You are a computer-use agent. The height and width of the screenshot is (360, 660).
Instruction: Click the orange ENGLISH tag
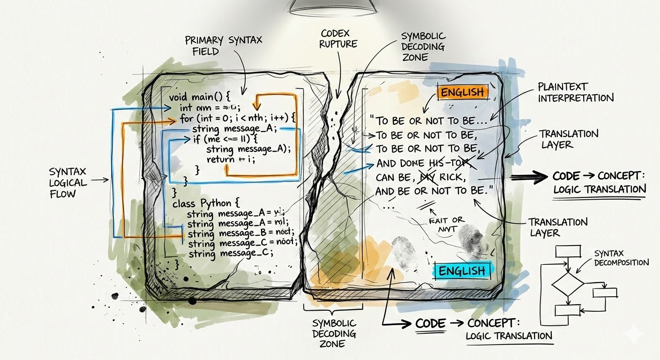pos(463,92)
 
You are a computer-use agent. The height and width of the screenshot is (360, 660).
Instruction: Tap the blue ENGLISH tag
pos(462,270)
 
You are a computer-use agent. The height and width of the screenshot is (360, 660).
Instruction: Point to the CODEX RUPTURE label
pos(338,39)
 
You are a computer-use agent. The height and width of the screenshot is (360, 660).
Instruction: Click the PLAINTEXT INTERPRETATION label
pos(575,92)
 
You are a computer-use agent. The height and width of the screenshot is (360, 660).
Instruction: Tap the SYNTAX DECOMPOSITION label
pos(621,258)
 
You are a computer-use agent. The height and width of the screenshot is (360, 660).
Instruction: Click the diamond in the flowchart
pos(567,285)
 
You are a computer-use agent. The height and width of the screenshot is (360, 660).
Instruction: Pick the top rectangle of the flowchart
pos(568,252)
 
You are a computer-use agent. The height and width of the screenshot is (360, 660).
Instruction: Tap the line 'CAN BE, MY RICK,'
pos(420,178)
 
